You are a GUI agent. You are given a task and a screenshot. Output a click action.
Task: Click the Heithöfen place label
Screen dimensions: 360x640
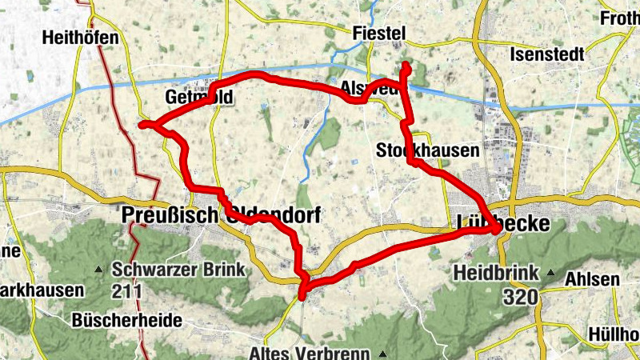click(82, 38)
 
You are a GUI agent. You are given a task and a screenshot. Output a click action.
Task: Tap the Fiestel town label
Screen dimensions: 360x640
click(380, 33)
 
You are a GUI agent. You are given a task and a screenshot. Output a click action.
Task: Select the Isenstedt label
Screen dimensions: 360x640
click(547, 55)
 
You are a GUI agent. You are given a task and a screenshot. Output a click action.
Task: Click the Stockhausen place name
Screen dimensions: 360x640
click(428, 150)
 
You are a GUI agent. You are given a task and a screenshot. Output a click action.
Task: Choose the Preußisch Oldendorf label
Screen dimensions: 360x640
click(221, 215)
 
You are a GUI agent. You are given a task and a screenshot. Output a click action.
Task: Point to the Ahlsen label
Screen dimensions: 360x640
click(592, 279)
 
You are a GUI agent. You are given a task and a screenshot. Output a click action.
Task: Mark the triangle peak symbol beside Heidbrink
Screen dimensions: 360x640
click(550, 273)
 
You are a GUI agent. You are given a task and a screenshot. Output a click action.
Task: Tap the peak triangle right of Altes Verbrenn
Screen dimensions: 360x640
click(382, 353)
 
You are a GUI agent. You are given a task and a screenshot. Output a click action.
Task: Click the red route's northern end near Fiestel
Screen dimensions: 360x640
click(405, 66)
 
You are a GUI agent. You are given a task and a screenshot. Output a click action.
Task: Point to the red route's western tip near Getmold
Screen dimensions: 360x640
click(142, 124)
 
